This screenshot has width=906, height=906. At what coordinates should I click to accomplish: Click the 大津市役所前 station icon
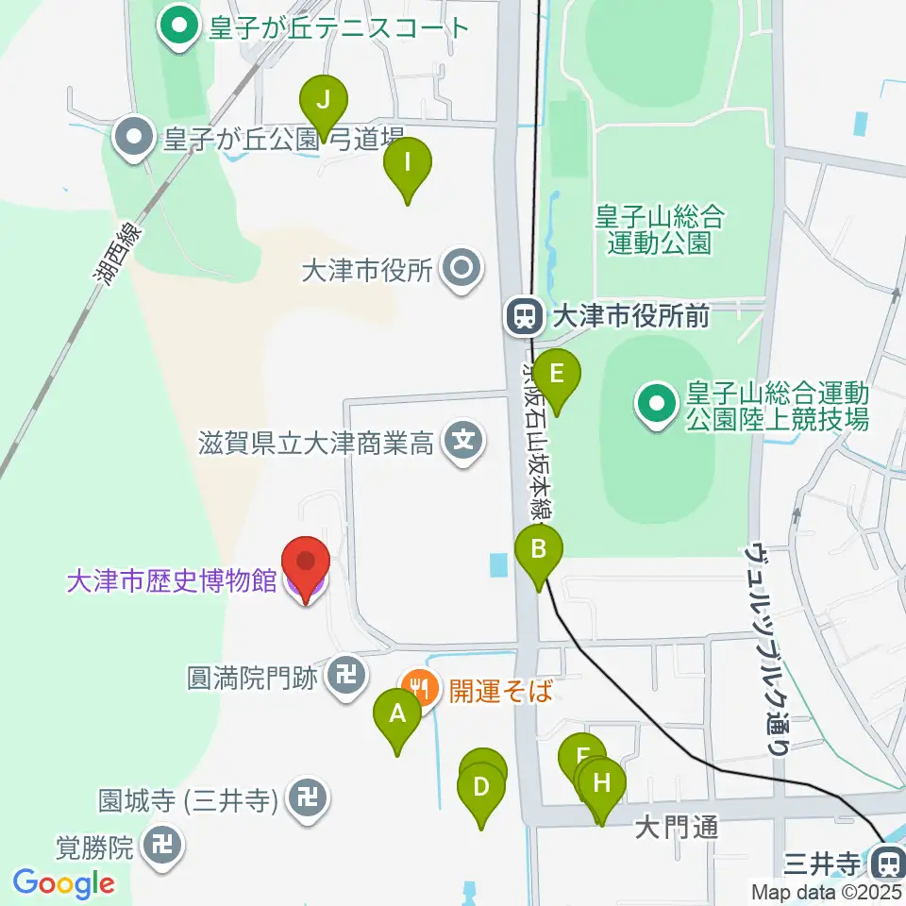[x=522, y=316]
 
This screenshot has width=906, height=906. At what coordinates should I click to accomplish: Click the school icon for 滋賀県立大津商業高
[x=463, y=440]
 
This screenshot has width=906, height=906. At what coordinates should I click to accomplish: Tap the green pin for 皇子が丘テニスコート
[x=176, y=25]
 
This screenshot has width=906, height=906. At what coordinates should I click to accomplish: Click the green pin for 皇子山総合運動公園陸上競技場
[x=655, y=406]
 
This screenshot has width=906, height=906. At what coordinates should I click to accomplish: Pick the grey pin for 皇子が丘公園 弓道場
[x=134, y=139]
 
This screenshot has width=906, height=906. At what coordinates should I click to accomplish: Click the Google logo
[x=64, y=883]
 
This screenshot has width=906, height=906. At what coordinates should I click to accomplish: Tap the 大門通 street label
[x=677, y=829]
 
